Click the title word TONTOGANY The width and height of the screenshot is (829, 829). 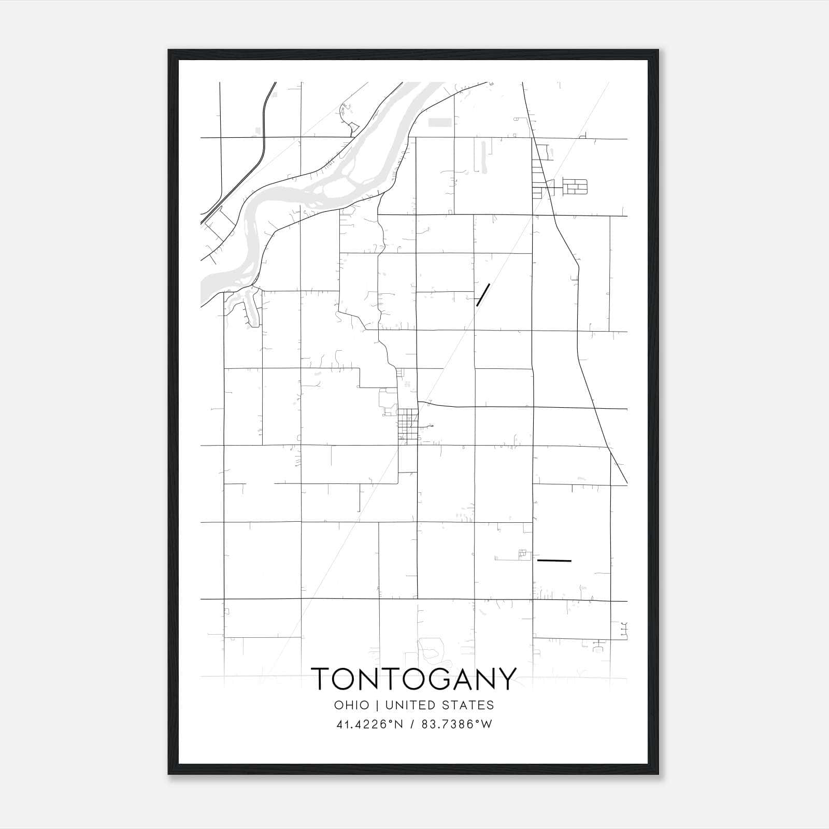pyautogui.click(x=414, y=679)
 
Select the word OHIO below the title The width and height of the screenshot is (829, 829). pyautogui.click(x=352, y=705)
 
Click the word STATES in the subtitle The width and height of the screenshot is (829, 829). pyautogui.click(x=472, y=705)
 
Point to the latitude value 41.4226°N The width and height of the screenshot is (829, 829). pyautogui.click(x=370, y=724)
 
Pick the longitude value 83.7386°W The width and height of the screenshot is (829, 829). pyautogui.click(x=458, y=724)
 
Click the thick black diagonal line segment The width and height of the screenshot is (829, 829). pyautogui.click(x=483, y=295)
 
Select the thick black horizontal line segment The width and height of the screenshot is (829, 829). pyautogui.click(x=554, y=561)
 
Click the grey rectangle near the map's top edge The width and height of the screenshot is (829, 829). pyautogui.click(x=440, y=122)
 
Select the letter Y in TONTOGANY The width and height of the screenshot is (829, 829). pyautogui.click(x=506, y=679)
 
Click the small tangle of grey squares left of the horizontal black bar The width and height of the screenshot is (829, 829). pyautogui.click(x=522, y=555)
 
